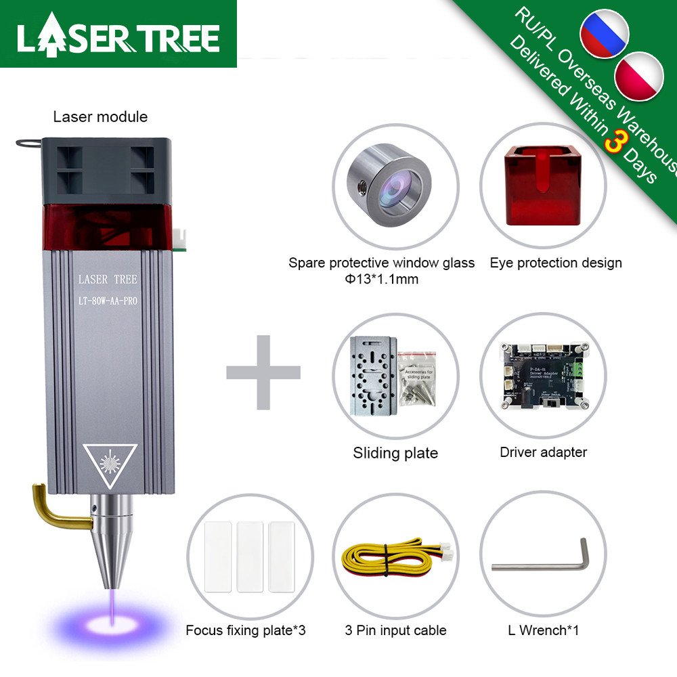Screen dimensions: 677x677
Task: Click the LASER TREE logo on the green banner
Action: tap(118, 38)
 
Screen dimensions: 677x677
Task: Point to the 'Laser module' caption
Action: tap(100, 116)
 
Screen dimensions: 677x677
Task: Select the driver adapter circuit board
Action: tap(543, 376)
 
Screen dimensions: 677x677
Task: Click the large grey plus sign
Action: tap(263, 372)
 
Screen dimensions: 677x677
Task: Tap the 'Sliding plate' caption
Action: tap(395, 453)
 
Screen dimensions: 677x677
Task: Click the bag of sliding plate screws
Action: tap(417, 383)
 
